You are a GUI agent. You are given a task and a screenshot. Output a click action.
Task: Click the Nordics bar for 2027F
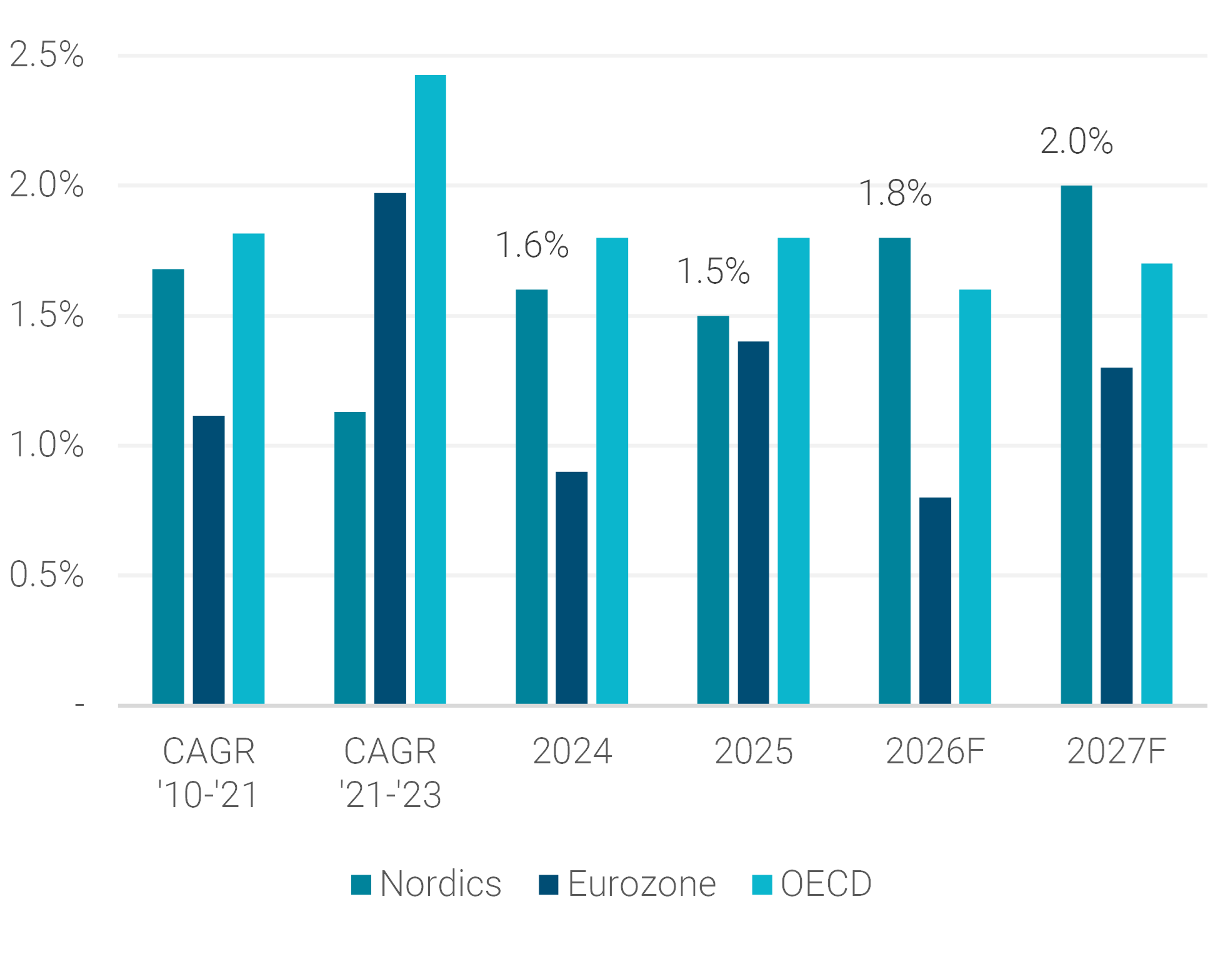1076,445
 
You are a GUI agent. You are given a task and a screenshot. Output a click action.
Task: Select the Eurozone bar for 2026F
934,601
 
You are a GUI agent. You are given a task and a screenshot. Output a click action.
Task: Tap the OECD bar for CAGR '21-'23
430,389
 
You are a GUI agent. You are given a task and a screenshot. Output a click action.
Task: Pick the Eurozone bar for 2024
571,588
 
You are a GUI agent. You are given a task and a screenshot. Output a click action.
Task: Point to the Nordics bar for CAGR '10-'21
168,487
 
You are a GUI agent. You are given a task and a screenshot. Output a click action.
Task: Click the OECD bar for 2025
793,471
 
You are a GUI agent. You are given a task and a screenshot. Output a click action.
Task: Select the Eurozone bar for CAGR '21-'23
390,449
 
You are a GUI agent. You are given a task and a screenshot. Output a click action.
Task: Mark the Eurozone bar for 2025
753,523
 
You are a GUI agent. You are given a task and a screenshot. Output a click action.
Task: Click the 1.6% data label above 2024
532,244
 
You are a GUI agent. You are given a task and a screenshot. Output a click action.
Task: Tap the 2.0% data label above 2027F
1076,141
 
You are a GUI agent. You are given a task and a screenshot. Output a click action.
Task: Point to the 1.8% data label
895,193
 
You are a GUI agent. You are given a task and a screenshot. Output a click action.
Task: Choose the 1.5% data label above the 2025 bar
713,271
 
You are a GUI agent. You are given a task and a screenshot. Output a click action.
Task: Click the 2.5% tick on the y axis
46,54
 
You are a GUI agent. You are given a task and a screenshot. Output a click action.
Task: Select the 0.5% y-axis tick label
46,575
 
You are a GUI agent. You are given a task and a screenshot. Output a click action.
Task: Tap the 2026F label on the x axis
935,751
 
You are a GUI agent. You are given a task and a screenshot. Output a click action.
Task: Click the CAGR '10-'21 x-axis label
208,773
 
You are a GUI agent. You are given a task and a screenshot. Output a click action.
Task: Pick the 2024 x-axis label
572,751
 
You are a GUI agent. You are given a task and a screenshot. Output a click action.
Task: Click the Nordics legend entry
426,884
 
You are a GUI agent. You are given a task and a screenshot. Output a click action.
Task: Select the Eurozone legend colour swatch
549,885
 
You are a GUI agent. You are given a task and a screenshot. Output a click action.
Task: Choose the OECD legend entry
812,884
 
